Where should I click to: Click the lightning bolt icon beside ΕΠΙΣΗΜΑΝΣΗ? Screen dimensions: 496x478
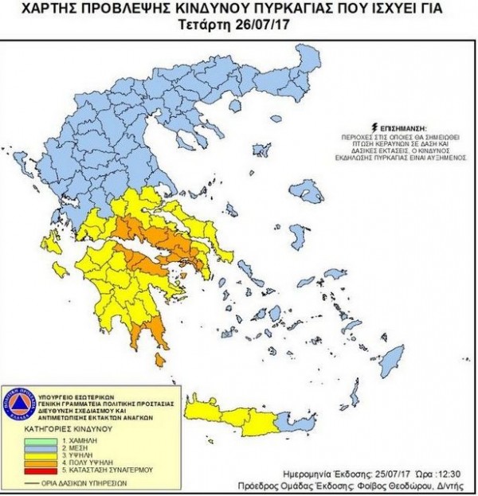372,127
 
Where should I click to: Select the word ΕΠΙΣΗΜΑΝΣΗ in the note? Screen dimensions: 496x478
402,127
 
